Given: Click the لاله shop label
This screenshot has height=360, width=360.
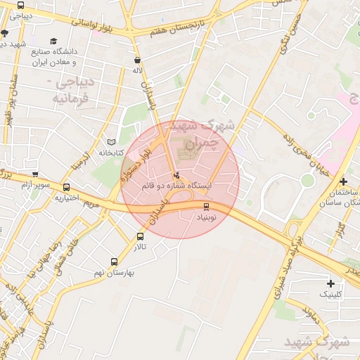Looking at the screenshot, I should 138,70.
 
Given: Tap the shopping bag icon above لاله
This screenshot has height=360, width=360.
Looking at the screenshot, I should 137,60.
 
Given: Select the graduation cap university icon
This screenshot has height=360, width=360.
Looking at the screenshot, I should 54,41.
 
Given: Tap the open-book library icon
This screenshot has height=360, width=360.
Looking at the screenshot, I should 110,141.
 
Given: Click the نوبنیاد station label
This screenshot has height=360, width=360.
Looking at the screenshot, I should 207,218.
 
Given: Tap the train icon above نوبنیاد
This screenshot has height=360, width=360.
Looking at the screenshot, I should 206,207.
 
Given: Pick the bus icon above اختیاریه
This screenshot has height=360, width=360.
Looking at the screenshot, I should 67,188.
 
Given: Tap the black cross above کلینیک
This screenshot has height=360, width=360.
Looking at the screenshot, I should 330,283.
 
